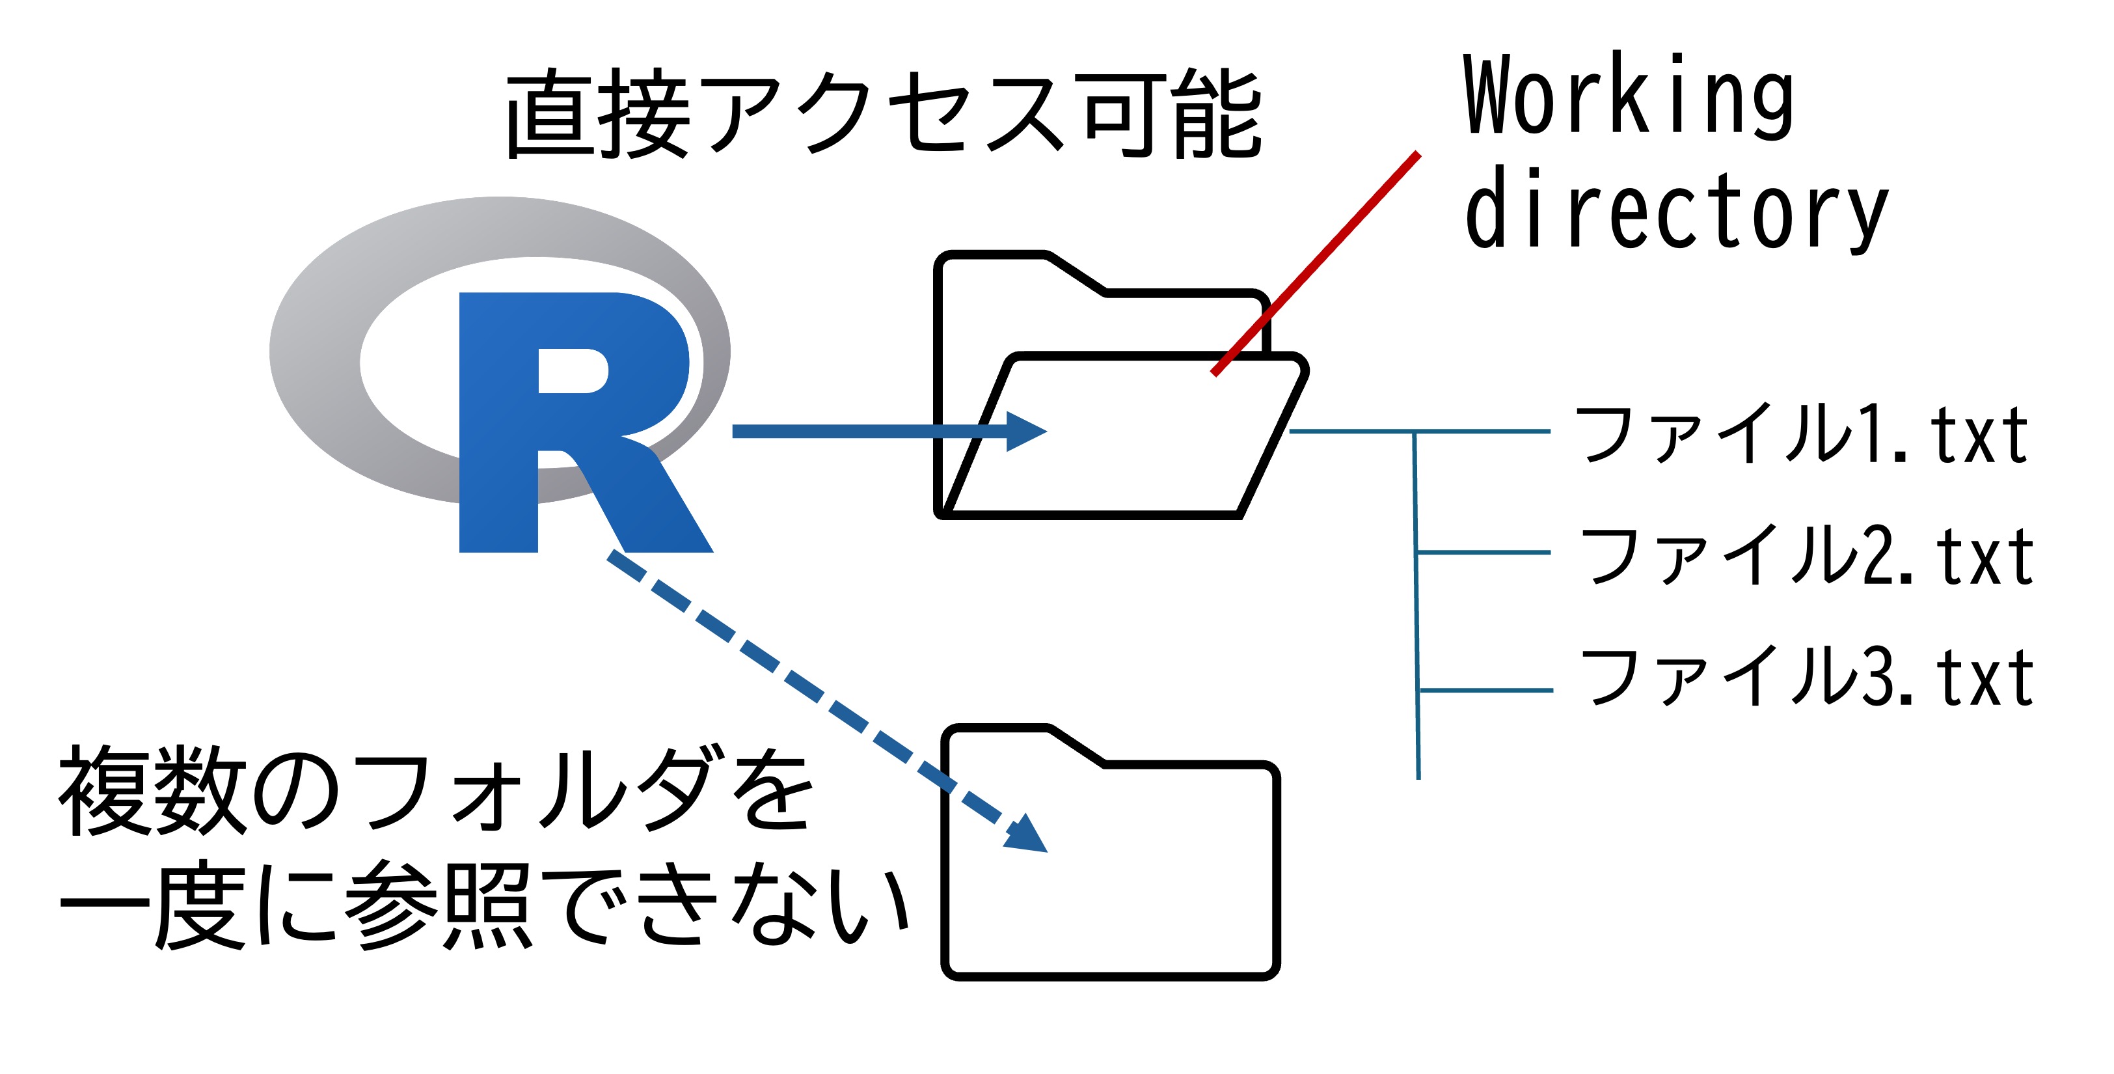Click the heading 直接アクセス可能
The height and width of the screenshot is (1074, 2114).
coord(883,115)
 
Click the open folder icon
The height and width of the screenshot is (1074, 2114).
coord(1116,435)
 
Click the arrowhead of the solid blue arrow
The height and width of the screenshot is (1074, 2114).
coord(1026,431)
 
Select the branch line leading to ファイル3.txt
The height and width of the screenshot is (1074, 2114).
coord(1485,691)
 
